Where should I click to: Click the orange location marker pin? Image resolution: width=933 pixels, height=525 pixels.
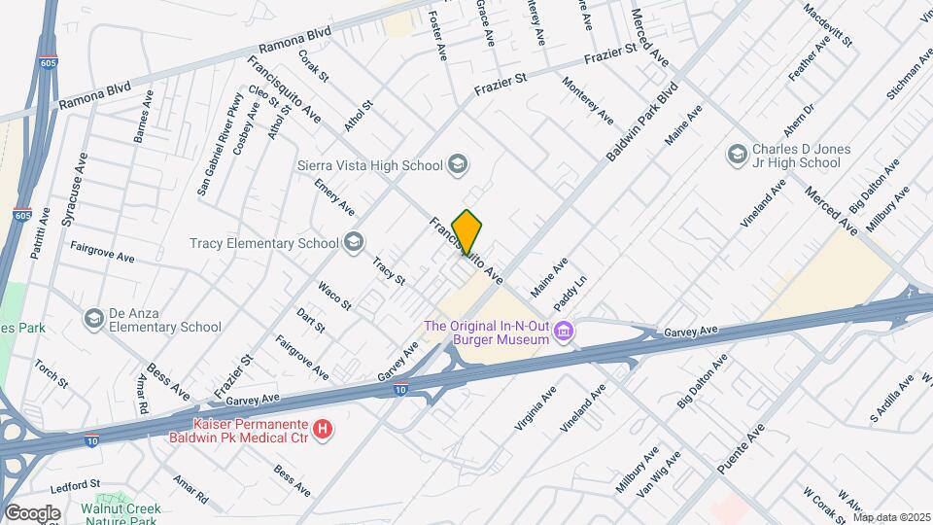click(x=467, y=232)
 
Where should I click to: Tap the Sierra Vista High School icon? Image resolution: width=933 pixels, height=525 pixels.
click(x=458, y=164)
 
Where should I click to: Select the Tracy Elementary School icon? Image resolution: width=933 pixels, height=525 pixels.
click(x=354, y=242)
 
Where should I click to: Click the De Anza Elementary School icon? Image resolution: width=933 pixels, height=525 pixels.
click(x=94, y=319)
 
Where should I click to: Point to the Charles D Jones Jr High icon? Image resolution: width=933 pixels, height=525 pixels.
click(x=737, y=155)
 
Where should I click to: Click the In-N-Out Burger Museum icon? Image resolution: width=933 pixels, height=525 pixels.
click(x=562, y=333)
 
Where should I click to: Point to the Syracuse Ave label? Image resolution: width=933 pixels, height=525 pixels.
click(x=75, y=191)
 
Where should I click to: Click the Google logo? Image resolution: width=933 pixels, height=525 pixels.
click(x=32, y=512)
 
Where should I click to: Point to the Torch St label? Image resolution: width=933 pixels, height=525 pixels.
click(x=51, y=374)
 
